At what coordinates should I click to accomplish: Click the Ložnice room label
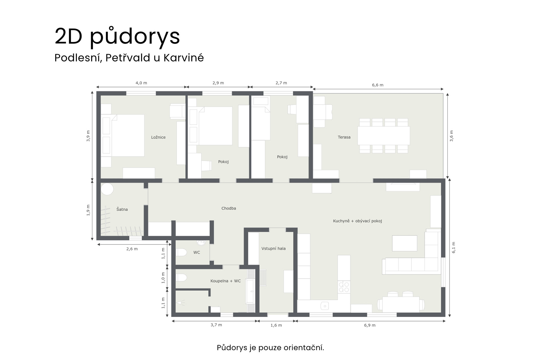tap(158, 137)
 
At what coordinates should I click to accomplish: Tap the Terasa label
tap(344, 137)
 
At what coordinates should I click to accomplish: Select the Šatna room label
tap(122, 209)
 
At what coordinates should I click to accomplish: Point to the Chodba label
tap(229, 208)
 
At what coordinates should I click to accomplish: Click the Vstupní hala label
tap(273, 248)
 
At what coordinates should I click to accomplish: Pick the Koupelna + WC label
tap(225, 281)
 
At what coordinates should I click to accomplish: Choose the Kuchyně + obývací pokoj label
tap(357, 221)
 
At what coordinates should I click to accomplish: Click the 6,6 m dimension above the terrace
tap(378, 85)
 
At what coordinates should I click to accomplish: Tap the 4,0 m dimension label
tap(141, 83)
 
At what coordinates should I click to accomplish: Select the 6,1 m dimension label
tap(453, 247)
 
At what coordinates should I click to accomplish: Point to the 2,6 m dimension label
tap(132, 249)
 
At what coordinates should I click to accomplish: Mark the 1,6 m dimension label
tap(276, 325)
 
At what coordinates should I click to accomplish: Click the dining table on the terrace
tap(383, 136)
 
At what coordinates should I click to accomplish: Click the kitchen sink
tap(325, 306)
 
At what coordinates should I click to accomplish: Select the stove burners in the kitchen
tap(344, 287)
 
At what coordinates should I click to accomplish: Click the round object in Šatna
tap(107, 189)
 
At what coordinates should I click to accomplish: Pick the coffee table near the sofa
tap(405, 243)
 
